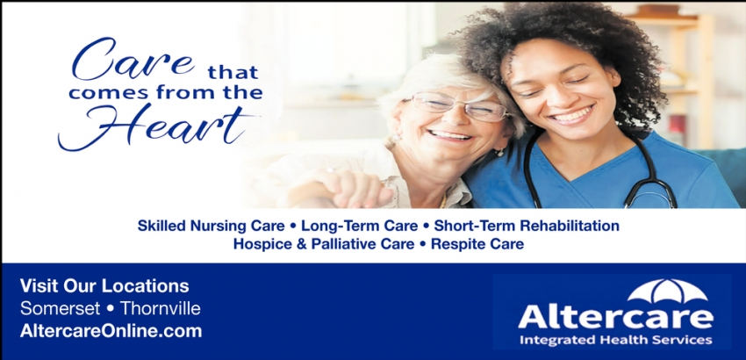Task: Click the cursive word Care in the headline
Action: pyautogui.click(x=133, y=60)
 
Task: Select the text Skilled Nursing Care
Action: pyautogui.click(x=212, y=226)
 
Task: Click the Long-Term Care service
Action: pyautogui.click(x=360, y=226)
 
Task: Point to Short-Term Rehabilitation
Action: pyautogui.click(x=527, y=226)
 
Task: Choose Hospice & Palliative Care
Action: pyautogui.click(x=324, y=244)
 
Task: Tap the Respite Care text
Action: pyautogui.click(x=477, y=244)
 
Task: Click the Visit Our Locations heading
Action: pyautogui.click(x=104, y=286)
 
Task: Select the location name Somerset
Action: pyautogui.click(x=60, y=308)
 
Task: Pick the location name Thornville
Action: pyautogui.click(x=160, y=308)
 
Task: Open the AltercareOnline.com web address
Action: pyautogui.click(x=111, y=331)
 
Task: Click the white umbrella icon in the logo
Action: pyautogui.click(x=667, y=291)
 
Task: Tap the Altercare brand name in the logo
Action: pyautogui.click(x=615, y=316)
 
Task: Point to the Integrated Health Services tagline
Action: pyautogui.click(x=615, y=340)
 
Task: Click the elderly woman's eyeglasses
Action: pyautogui.click(x=459, y=106)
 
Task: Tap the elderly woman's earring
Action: pyautogui.click(x=499, y=153)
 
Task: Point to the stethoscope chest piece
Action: pyautogui.click(x=650, y=199)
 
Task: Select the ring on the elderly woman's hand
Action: pyautogui.click(x=330, y=170)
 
